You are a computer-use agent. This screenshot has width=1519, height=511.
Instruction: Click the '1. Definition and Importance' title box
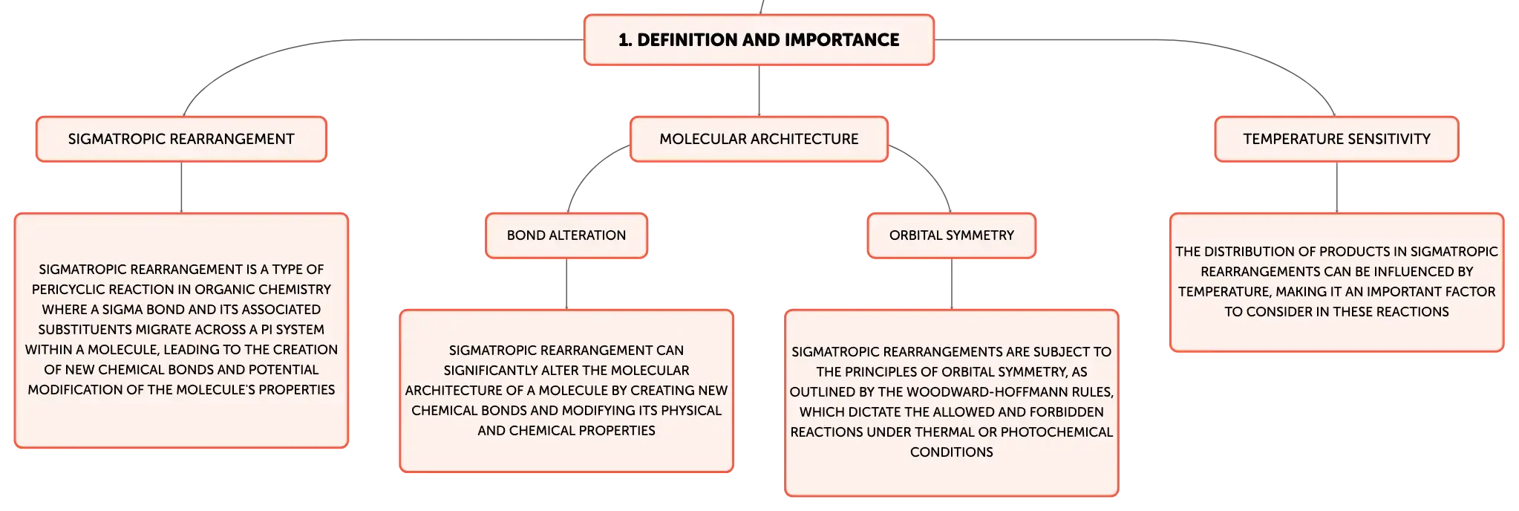759,40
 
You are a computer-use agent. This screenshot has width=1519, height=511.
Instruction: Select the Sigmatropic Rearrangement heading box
181,139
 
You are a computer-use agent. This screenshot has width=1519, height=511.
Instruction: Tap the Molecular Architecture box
759,139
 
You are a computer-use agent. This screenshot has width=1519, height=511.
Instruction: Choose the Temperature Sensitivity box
1336,139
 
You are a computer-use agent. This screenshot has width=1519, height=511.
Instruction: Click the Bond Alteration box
566,235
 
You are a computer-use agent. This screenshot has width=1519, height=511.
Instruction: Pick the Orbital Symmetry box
951,235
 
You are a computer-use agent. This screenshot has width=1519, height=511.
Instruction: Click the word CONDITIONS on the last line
951,452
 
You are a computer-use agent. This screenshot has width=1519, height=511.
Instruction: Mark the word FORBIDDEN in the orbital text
1067,412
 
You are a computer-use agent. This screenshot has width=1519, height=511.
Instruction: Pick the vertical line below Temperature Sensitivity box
1336,187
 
